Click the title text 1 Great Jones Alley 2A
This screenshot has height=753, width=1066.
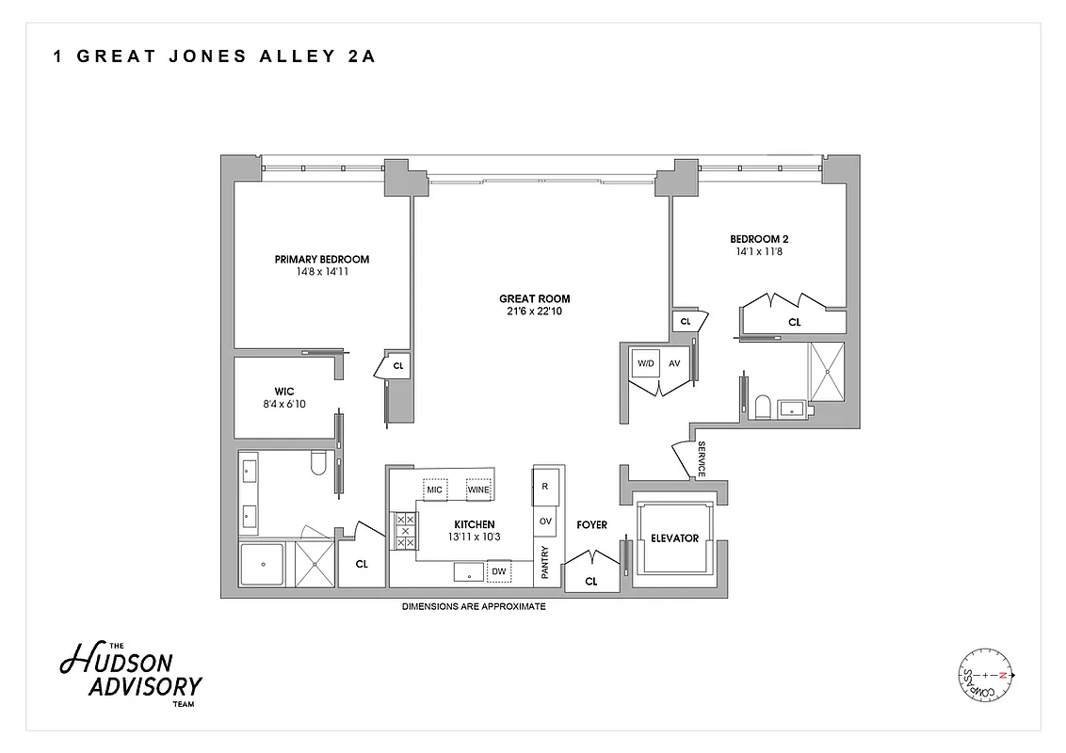click(x=215, y=56)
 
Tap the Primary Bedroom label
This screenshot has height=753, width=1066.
click(x=321, y=260)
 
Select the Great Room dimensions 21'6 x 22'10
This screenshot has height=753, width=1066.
click(x=535, y=312)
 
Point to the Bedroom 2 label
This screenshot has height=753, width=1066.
click(x=758, y=239)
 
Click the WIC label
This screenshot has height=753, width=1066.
click(x=285, y=392)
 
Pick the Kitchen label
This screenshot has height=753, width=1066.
click(x=474, y=525)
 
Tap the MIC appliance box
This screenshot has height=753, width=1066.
click(x=434, y=489)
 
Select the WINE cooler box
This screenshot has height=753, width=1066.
click(x=478, y=489)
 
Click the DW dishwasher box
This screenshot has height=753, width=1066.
click(x=498, y=571)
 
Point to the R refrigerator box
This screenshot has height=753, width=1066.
click(x=545, y=487)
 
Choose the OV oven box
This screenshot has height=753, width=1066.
click(x=545, y=521)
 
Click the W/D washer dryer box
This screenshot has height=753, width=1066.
click(x=645, y=362)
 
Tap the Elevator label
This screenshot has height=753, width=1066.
click(x=674, y=538)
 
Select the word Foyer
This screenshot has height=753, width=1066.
click(x=591, y=525)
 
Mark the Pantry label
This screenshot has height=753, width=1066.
click(x=544, y=562)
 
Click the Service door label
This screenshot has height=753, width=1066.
click(x=701, y=459)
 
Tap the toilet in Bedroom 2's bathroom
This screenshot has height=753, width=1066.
click(x=763, y=408)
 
